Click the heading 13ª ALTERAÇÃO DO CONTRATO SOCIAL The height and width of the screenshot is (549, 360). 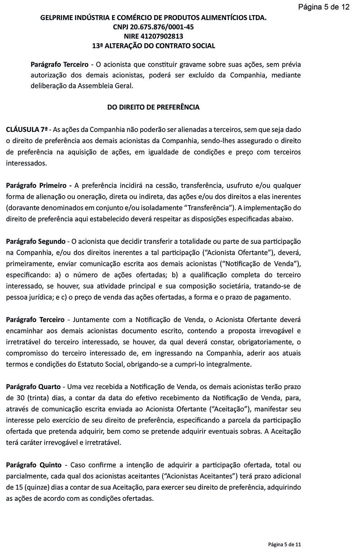click(x=154, y=46)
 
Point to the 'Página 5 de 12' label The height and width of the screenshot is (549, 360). click(x=324, y=7)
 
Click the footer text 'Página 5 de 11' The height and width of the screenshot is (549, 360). click(x=284, y=544)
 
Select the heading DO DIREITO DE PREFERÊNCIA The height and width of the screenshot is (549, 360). click(x=153, y=107)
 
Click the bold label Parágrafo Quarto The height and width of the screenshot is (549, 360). click(x=33, y=387)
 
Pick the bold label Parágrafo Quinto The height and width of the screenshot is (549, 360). click(x=34, y=465)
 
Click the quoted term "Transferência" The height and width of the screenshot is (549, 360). click(x=207, y=208)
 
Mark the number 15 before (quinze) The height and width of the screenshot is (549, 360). click(x=19, y=487)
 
